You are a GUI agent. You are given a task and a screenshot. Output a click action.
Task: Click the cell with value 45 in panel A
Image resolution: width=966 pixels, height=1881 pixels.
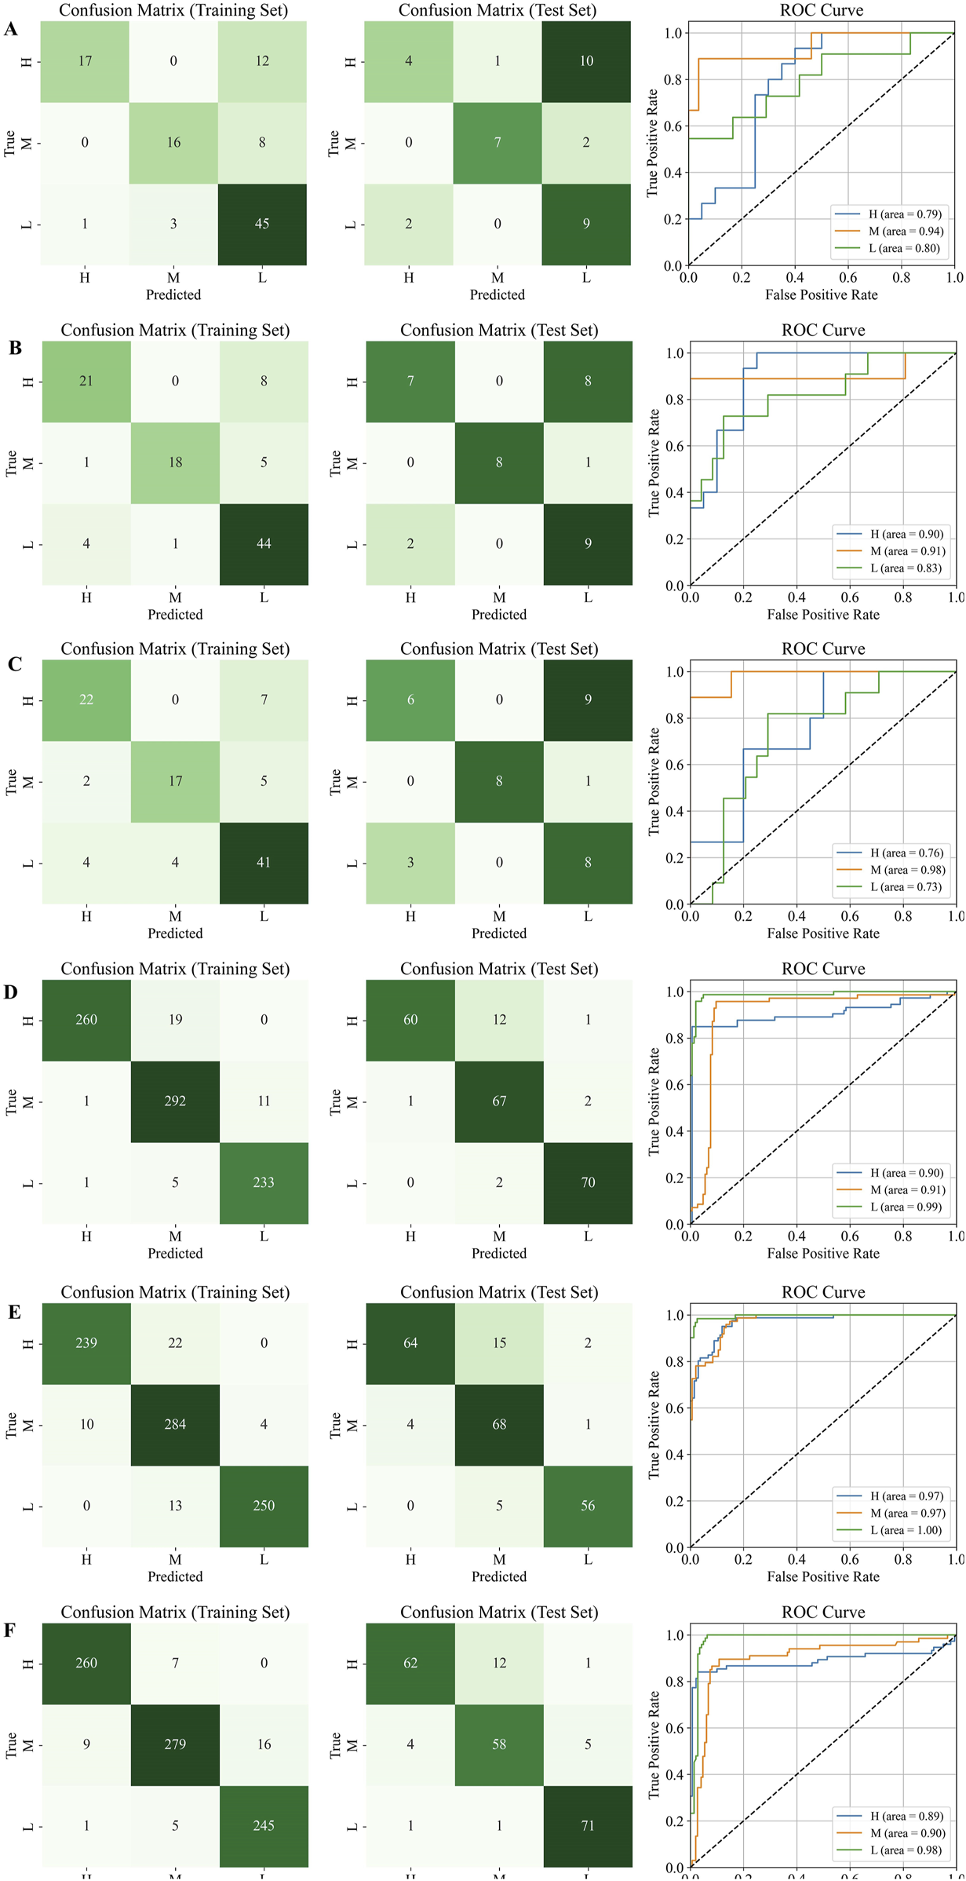coord(262,224)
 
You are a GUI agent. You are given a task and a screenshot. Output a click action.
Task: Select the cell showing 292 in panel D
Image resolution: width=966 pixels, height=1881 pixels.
coord(175,1101)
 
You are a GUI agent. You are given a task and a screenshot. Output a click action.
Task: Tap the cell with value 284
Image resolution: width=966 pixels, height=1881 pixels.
coord(175,1424)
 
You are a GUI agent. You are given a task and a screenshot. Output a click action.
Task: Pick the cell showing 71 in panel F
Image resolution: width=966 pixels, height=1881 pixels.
coord(588,1825)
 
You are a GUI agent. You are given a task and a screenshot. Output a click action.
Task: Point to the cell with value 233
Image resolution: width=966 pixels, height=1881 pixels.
coord(264,1182)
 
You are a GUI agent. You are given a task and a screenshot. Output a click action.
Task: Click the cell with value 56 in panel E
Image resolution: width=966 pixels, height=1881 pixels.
coord(588,1506)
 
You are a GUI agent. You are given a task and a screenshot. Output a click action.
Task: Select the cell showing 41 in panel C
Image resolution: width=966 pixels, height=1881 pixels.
coord(264,862)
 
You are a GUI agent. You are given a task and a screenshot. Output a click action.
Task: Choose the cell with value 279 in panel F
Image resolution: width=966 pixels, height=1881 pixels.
coord(175,1744)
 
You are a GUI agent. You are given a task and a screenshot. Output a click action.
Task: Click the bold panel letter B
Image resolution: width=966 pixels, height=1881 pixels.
coord(15,348)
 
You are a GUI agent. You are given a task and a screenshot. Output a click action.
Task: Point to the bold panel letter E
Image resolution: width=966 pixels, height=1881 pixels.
coord(14,1312)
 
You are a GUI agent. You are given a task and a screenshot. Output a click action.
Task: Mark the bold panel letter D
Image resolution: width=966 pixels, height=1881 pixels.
coord(11,992)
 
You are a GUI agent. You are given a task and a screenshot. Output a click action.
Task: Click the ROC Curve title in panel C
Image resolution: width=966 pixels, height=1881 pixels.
coord(823,649)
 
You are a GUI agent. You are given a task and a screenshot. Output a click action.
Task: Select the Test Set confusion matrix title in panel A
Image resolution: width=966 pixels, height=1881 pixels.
coord(498,10)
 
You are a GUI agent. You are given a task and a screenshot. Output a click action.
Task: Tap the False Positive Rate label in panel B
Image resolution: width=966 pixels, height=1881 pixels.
coord(823,615)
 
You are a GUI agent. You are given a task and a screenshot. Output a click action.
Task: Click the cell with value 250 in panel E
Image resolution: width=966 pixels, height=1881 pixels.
coord(264,1506)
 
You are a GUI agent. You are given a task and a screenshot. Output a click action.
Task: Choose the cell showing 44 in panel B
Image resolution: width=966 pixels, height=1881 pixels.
coord(264,543)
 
